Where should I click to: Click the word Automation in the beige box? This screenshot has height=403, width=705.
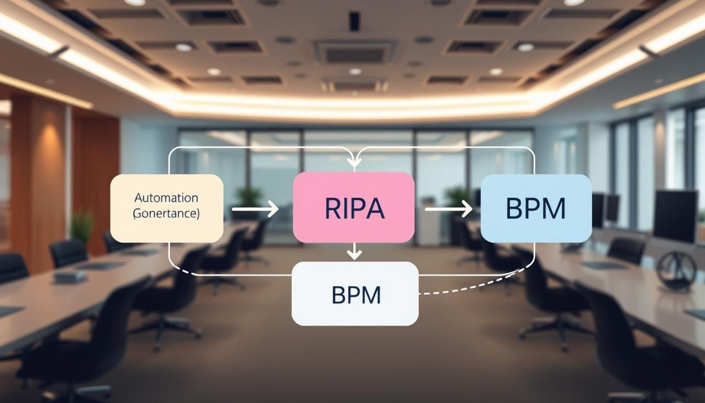click(166, 198)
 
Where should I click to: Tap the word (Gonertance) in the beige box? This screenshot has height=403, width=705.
click(166, 214)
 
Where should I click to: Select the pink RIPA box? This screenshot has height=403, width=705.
click(354, 207)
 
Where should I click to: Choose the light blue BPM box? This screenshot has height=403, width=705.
click(536, 208)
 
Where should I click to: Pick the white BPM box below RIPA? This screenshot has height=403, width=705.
click(355, 293)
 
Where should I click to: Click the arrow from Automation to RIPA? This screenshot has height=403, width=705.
click(255, 209)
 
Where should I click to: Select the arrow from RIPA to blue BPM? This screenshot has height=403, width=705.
click(448, 209)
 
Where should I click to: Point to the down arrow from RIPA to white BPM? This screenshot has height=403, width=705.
click(355, 252)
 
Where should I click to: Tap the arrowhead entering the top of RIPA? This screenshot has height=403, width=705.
click(355, 163)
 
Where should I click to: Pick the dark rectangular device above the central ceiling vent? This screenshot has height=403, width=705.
click(355, 22)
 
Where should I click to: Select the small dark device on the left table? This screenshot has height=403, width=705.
click(70, 275)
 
